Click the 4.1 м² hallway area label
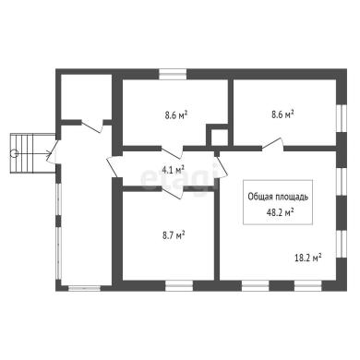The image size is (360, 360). [x=174, y=170]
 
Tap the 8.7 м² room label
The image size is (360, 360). [x=174, y=235]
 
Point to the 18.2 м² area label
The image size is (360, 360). [x=308, y=258]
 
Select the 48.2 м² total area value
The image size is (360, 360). [x=280, y=212]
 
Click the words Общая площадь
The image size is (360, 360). [x=278, y=197]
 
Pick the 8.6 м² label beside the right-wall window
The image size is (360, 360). [x=282, y=114]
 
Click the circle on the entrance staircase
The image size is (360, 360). [x=14, y=153]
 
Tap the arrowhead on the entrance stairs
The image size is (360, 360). [x=48, y=151]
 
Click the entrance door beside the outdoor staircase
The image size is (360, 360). [x=52, y=151]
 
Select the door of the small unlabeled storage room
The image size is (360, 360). [x=92, y=126]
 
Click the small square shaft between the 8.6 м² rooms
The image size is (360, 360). [x=220, y=137]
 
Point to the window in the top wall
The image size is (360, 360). [x=173, y=74]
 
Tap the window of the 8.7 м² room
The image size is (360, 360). [x=179, y=286]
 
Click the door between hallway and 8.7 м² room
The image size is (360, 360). [x=173, y=192]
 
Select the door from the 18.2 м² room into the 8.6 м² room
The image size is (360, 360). [x=272, y=144]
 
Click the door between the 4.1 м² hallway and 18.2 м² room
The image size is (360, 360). [x=221, y=165]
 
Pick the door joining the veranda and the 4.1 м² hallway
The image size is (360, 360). [x=114, y=165]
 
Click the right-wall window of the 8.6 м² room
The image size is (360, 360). [x=342, y=118]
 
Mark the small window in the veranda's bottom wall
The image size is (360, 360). [x=84, y=288]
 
